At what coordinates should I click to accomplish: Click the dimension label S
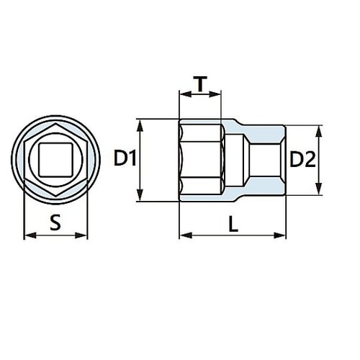pyautogui.click(x=55, y=223)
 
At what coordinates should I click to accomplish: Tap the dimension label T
pyautogui.click(x=200, y=85)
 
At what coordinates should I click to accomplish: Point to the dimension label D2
pyautogui.click(x=303, y=160)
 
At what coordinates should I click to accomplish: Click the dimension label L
pyautogui.click(x=233, y=224)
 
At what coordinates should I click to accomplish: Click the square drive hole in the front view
pyautogui.click(x=55, y=159)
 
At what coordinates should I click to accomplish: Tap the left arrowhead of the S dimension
pyautogui.click(x=27, y=235)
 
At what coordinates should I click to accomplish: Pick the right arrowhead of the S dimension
pyautogui.click(x=84, y=235)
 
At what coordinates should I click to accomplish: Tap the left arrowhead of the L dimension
pyautogui.click(x=182, y=235)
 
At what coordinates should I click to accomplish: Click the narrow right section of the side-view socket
pyautogui.click(x=265, y=160)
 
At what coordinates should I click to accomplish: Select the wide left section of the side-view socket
pyautogui.click(x=202, y=160)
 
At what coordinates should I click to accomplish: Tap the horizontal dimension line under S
pyautogui.click(x=55, y=235)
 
